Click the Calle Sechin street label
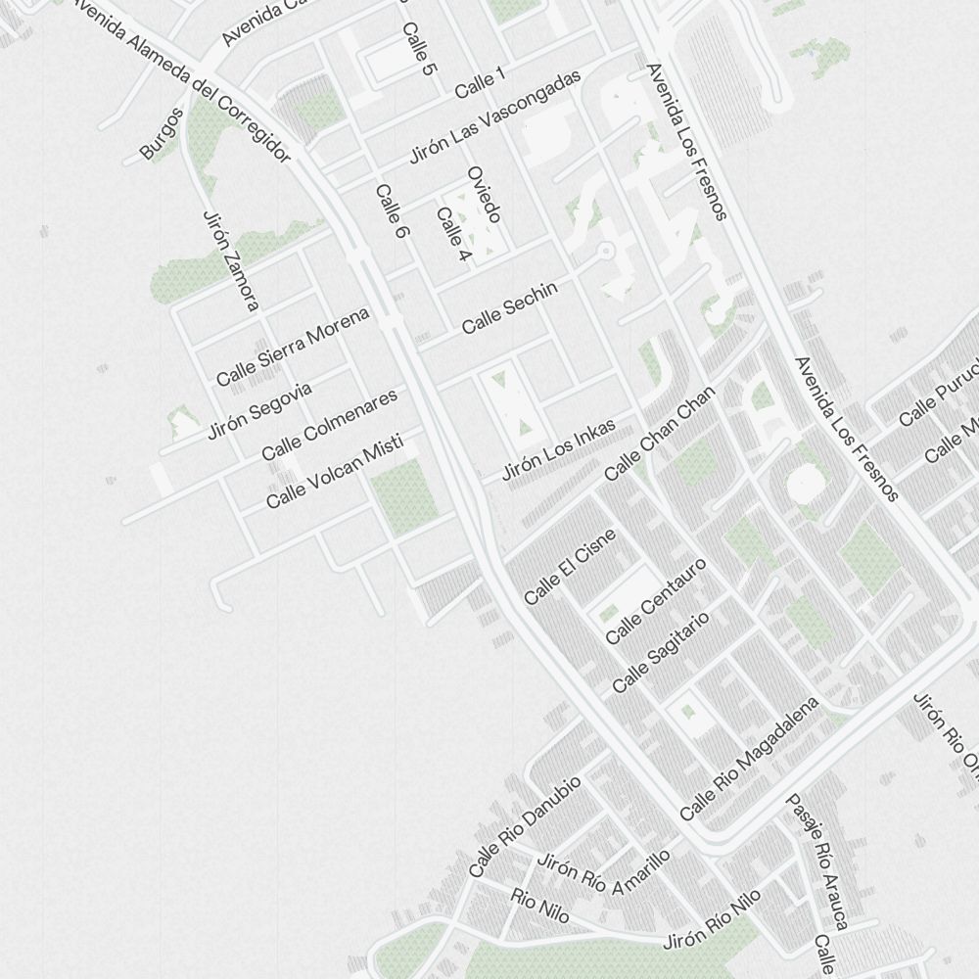point(509,306)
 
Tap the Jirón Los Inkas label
point(558,450)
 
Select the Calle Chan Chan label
point(660,433)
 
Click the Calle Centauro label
point(655,601)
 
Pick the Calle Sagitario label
point(660,652)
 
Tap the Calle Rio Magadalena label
point(749,759)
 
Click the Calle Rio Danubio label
point(525,826)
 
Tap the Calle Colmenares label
point(330,425)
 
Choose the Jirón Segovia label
point(259,410)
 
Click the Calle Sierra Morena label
point(293,346)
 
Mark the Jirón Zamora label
point(231,261)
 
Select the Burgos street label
point(162,134)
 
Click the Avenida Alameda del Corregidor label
point(181,80)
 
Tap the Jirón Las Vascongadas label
point(494,117)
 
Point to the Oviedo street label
point(484,194)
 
